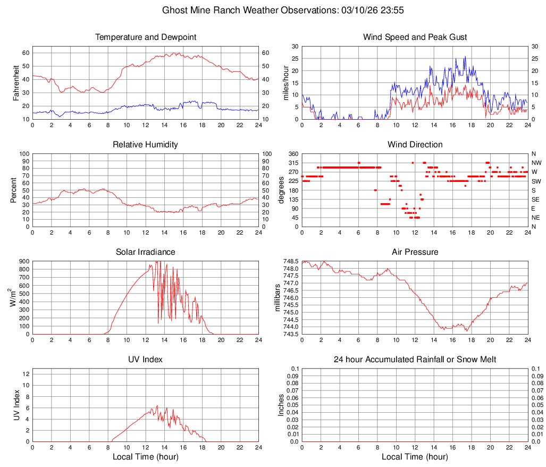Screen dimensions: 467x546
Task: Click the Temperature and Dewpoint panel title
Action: (x=145, y=37)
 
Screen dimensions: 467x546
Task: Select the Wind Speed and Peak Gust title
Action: (x=415, y=37)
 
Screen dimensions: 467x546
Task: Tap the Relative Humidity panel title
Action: (x=145, y=145)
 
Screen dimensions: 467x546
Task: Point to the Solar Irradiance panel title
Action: (x=145, y=252)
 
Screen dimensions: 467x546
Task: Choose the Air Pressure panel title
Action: (x=415, y=252)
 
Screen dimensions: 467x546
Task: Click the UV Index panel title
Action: (x=145, y=360)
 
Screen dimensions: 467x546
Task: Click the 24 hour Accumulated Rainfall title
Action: (x=415, y=360)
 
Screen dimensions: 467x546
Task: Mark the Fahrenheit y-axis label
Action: (x=16, y=82)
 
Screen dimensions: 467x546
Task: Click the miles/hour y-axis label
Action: (x=285, y=82)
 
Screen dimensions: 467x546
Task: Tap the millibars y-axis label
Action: (x=277, y=297)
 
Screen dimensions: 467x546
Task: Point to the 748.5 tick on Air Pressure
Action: (x=290, y=262)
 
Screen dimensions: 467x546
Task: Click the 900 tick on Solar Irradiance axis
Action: (x=23, y=262)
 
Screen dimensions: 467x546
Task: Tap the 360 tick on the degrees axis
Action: (x=292, y=154)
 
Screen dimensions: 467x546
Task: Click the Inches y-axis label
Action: (x=281, y=405)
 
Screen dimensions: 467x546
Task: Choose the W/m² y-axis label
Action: (x=12, y=297)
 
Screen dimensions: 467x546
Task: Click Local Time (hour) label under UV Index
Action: (x=145, y=457)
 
